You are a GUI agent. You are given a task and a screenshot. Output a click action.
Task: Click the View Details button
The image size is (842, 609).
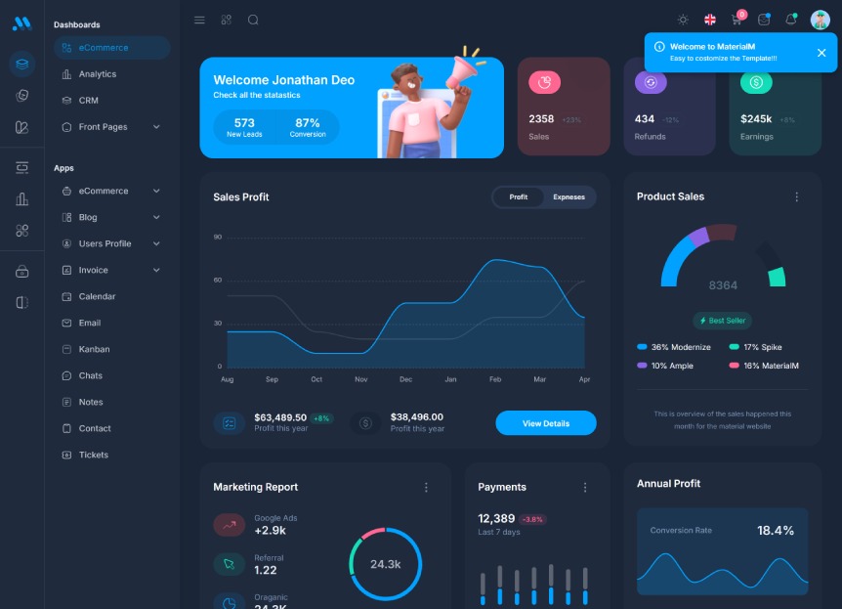tap(545, 423)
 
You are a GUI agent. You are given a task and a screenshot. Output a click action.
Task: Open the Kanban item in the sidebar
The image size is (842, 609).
tap(94, 349)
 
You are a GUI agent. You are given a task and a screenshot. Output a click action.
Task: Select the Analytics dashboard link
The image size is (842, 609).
tap(97, 74)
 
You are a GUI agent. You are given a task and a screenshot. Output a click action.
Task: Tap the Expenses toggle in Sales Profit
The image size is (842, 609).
tap(568, 196)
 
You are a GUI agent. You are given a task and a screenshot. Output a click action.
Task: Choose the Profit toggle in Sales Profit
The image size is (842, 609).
tap(518, 196)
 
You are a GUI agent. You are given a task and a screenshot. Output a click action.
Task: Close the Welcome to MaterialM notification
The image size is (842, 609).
tap(821, 53)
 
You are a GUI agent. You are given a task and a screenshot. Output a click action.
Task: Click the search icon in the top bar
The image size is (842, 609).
tap(253, 20)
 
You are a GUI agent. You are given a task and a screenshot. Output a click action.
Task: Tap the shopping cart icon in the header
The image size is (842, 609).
tap(737, 20)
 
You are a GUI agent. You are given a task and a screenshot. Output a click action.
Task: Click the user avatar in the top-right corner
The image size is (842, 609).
tap(820, 20)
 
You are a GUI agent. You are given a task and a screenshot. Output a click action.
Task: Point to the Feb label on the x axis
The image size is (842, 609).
tap(495, 379)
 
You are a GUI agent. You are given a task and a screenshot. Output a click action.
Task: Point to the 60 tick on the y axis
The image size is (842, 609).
tap(218, 280)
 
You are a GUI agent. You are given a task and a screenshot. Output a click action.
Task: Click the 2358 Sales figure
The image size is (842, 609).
tap(541, 119)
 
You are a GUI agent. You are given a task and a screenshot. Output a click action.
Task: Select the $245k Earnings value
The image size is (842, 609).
tap(756, 119)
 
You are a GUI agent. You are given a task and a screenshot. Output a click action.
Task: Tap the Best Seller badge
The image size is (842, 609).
tap(723, 321)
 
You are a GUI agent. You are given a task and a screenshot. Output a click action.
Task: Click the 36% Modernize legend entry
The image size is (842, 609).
tap(674, 347)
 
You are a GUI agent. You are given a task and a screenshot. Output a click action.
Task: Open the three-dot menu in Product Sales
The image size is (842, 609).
tap(796, 196)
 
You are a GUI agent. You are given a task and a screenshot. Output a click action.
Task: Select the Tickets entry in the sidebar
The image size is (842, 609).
tap(94, 455)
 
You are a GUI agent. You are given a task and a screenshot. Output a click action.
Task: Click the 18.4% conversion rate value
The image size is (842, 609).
tap(776, 531)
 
